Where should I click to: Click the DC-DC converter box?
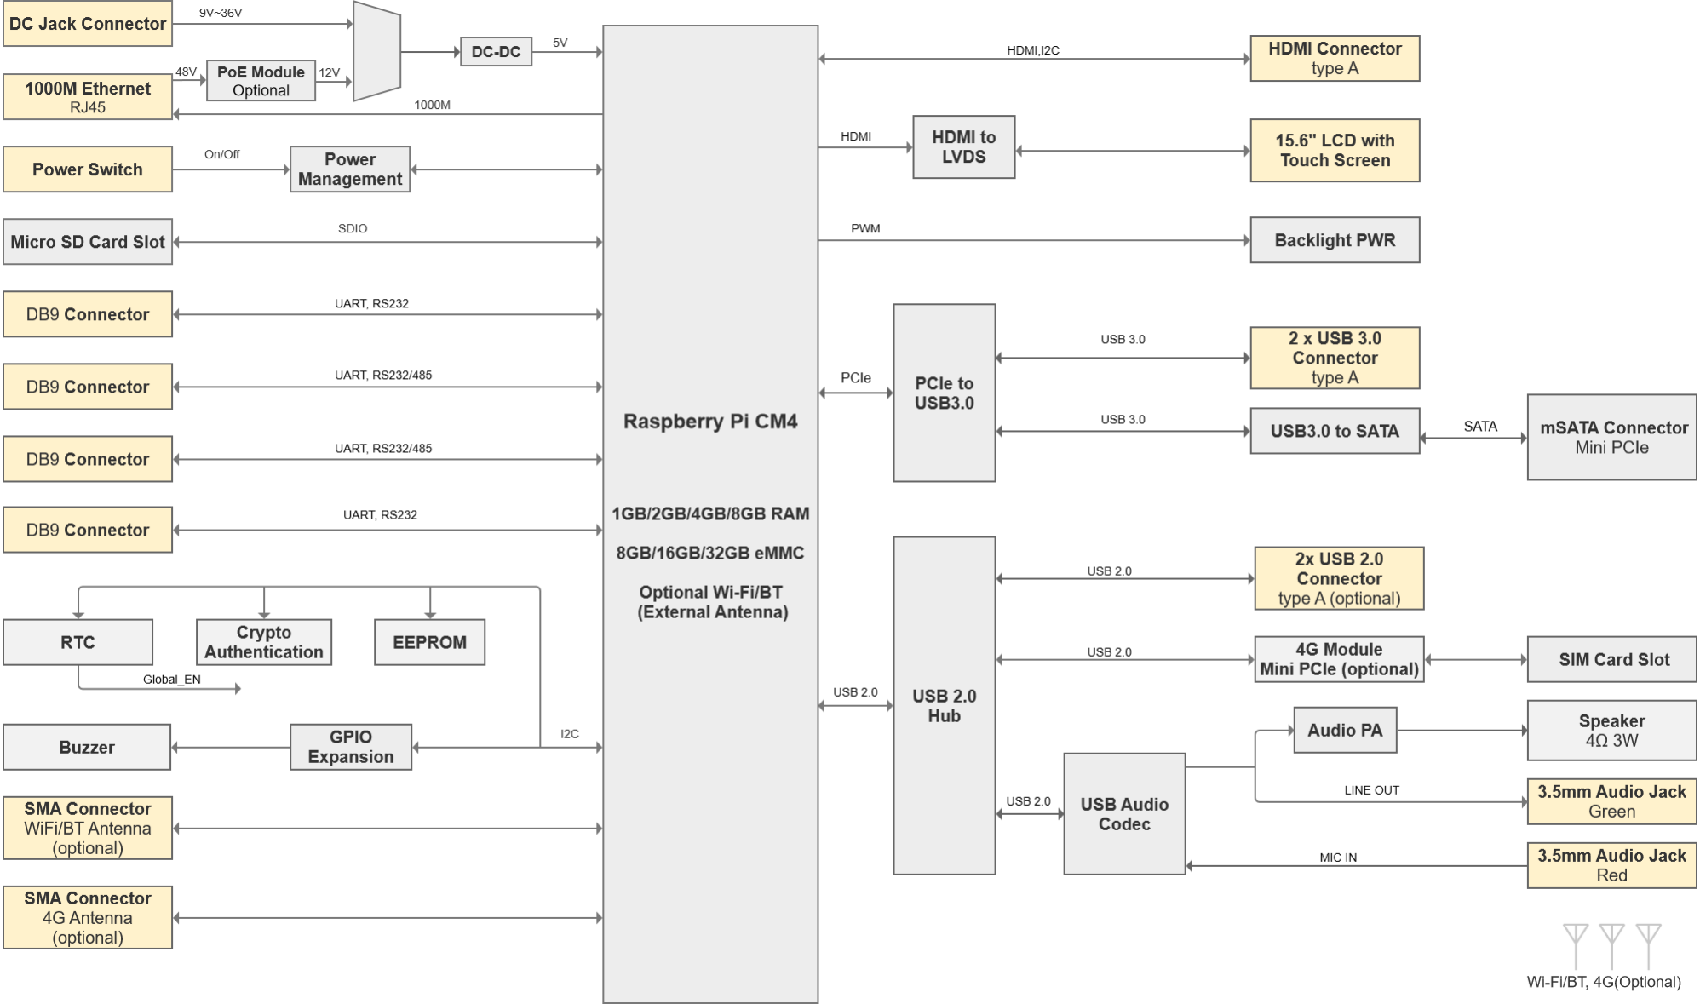pyautogui.click(x=496, y=52)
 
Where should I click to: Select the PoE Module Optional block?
pyautogui.click(x=261, y=81)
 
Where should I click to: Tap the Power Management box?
pyautogui.click(x=350, y=169)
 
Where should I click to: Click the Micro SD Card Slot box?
pyautogui.click(x=88, y=242)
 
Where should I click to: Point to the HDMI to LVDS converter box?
pyautogui.click(x=963, y=147)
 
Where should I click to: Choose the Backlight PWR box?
pyautogui.click(x=1335, y=240)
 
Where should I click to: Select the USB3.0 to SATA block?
pyautogui.click(x=1335, y=431)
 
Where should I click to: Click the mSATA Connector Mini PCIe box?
pyautogui.click(x=1611, y=438)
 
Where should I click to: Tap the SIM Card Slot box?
pyautogui.click(x=1611, y=659)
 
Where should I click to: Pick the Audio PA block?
pyautogui.click(x=1345, y=730)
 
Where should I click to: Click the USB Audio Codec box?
pyautogui.click(x=1124, y=814)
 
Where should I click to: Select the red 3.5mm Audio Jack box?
pyautogui.click(x=1611, y=865)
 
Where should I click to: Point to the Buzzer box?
pyautogui.click(x=87, y=747)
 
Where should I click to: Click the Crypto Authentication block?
pyautogui.click(x=264, y=642)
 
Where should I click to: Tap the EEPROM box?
pyautogui.click(x=429, y=642)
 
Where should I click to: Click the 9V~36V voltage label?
pyautogui.click(x=221, y=13)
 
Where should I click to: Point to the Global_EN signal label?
pyautogui.click(x=172, y=680)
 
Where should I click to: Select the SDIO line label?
pyautogui.click(x=353, y=228)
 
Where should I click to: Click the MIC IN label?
pyautogui.click(x=1338, y=858)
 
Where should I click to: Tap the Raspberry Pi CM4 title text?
pyautogui.click(x=710, y=422)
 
